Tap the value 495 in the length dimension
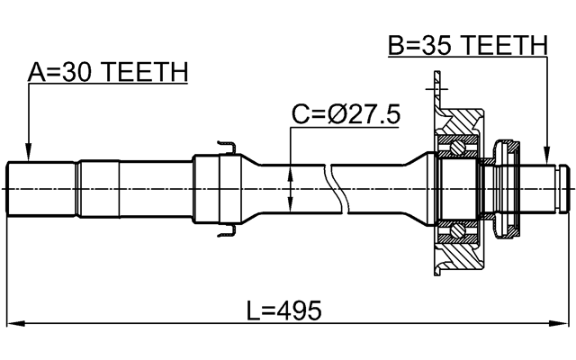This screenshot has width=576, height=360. pyautogui.click(x=302, y=311)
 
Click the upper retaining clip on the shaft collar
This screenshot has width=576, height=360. pyautogui.click(x=225, y=146)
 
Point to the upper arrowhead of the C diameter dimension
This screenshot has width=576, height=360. pyautogui.click(x=290, y=170)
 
